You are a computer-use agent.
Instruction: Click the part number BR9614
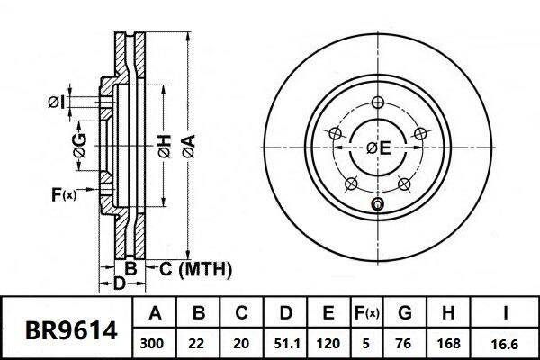[x=71, y=330]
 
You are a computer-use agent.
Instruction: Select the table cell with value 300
[x=152, y=344]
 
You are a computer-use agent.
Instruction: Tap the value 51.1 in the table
[x=285, y=344]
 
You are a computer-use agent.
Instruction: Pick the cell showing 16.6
[x=504, y=344]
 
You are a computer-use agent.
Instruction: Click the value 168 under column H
[x=448, y=344]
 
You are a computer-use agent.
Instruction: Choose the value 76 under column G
[x=404, y=344]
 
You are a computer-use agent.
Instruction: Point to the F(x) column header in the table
[x=366, y=313]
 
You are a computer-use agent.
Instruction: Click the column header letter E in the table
[x=328, y=313]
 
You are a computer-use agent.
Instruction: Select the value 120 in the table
[x=328, y=344]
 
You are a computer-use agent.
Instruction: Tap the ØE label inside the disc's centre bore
[x=379, y=148]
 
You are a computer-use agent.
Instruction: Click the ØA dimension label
[x=189, y=146]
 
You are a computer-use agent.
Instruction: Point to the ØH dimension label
[x=165, y=147]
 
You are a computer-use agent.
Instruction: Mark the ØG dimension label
[x=79, y=146]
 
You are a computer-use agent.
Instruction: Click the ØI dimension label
[x=56, y=103]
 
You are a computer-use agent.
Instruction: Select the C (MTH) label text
[x=195, y=269]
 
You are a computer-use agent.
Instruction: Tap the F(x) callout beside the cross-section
[x=64, y=194]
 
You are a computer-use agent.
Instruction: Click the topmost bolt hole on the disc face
[x=378, y=103]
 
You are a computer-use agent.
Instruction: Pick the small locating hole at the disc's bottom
[x=377, y=204]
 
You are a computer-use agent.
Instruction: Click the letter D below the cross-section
[x=119, y=283]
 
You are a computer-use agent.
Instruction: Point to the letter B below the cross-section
[x=130, y=268]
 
